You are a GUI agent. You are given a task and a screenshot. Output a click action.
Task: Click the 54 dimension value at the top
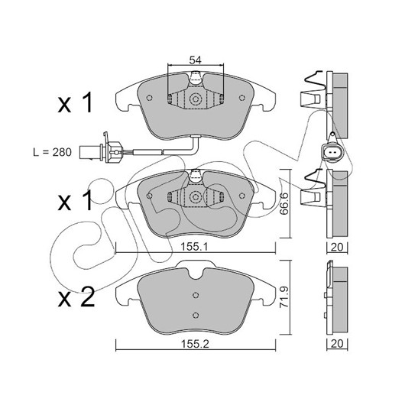[196, 60]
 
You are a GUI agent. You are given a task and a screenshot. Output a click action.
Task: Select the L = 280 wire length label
[53, 152]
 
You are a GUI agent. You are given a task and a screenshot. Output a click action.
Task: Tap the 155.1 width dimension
[194, 247]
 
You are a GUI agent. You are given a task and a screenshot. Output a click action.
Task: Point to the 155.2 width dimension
[195, 345]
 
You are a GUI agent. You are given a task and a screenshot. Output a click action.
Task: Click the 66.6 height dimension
[284, 203]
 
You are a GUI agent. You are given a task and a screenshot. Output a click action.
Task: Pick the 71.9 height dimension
[284, 296]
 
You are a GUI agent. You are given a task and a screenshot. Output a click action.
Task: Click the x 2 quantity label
[76, 298]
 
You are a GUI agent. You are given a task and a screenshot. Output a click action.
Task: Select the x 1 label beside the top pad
[75, 103]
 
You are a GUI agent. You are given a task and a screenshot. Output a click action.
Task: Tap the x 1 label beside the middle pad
[75, 200]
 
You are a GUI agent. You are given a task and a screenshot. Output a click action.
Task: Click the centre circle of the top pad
[196, 99]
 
